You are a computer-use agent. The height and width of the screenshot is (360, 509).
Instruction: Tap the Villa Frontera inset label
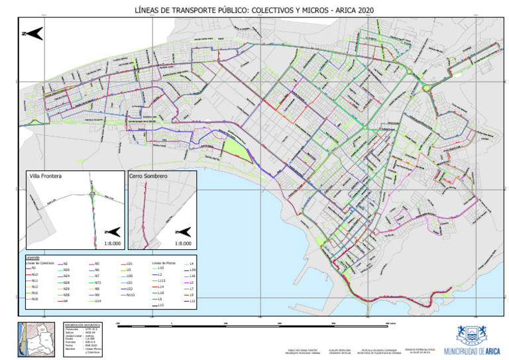46,177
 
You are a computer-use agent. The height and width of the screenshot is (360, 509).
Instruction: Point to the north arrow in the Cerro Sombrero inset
182,231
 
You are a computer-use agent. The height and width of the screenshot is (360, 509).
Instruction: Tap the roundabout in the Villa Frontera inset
95,194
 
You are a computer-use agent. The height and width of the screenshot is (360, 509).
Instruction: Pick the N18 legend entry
35,299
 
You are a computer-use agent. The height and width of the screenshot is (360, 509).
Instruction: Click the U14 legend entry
97,301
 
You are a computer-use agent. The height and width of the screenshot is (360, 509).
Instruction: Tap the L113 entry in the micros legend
162,280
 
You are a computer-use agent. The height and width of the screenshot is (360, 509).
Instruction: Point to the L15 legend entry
161,305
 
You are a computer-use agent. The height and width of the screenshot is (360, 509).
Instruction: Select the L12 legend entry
193,301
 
